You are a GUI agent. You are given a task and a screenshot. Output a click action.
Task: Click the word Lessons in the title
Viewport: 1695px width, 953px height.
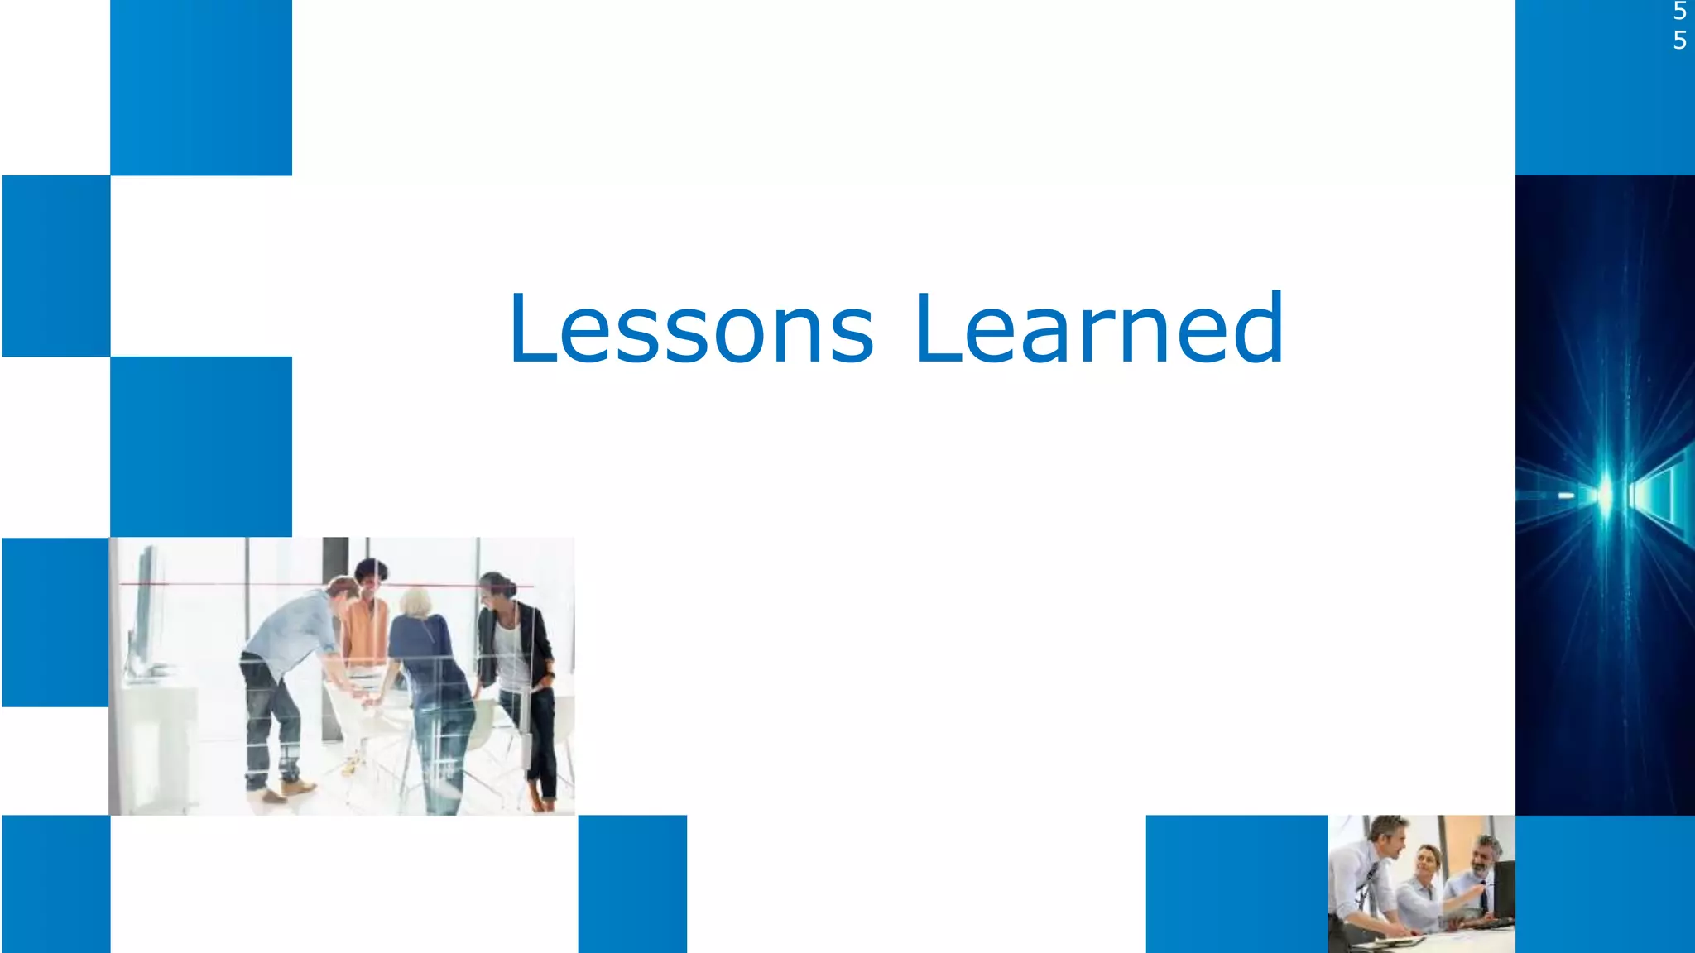pos(691,328)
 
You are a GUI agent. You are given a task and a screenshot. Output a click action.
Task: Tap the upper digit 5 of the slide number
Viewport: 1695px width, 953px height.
pos(1679,12)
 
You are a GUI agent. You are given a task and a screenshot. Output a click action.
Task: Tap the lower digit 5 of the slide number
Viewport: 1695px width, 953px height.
pos(1679,40)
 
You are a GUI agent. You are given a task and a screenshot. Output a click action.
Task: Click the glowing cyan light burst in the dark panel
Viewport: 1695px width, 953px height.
pos(1605,495)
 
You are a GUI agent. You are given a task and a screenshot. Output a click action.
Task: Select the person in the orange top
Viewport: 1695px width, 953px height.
pos(366,629)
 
